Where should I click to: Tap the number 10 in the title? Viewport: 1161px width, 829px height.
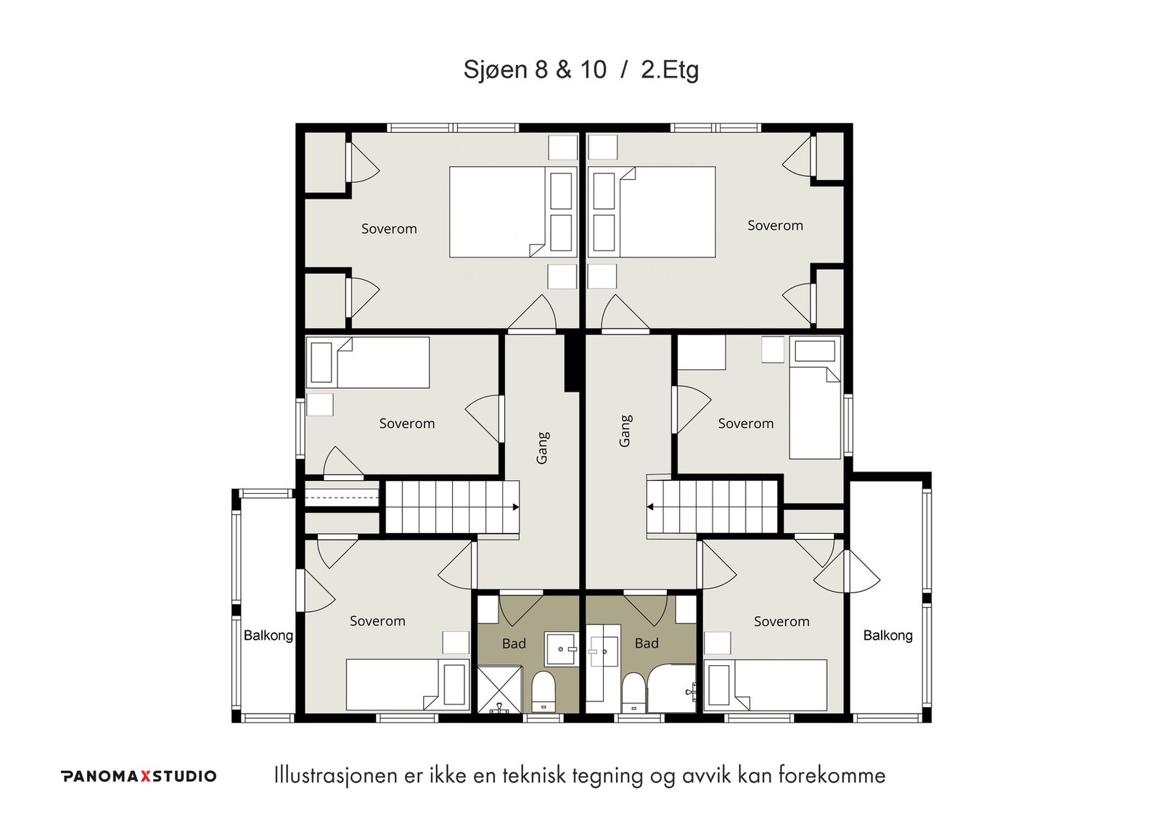593,70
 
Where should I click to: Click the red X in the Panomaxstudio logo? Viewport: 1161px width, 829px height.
146,776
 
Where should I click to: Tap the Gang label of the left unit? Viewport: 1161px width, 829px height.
541,448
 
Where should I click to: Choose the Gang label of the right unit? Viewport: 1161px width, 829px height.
625,431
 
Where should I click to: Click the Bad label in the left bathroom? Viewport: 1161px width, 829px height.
514,643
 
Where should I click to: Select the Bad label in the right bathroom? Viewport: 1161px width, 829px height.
647,643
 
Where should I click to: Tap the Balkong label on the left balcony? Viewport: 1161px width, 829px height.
268,635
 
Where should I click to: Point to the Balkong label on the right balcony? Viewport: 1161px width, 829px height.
888,635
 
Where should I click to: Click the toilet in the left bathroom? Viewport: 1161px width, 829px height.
543,692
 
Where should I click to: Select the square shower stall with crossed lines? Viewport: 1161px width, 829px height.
499,690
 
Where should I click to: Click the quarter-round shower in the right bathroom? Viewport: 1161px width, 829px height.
672,688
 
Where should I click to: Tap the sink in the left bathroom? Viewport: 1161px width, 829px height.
561,648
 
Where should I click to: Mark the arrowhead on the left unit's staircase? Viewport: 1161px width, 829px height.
516,507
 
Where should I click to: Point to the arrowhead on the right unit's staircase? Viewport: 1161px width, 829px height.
650,507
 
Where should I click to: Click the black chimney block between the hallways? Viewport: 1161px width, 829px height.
571,363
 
